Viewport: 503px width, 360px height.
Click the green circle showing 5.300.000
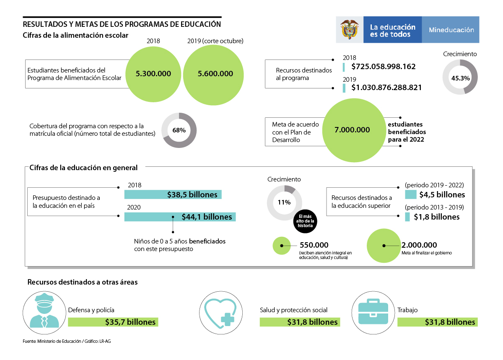pos(153,73)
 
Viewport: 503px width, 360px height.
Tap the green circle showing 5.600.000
pos(215,73)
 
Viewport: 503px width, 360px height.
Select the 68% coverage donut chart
pos(179,130)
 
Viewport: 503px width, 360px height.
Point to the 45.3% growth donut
pos(460,77)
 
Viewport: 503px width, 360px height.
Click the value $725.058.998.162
pos(384,67)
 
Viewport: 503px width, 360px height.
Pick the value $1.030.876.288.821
pos(386,88)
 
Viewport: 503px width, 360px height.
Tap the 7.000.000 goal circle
pos(352,129)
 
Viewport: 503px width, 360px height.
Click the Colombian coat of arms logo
pos(350,30)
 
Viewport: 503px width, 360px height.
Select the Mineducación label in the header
pos(451,30)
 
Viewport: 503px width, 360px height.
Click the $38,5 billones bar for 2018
pos(173,195)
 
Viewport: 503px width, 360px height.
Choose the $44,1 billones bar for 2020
pos(180,217)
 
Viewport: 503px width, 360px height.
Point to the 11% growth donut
pos(284,202)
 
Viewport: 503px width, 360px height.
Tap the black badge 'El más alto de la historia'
pos(306,221)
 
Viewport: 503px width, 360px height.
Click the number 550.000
pos(314,245)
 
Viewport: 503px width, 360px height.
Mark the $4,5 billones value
pos(439,195)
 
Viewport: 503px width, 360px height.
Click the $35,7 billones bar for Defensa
pos(113,322)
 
